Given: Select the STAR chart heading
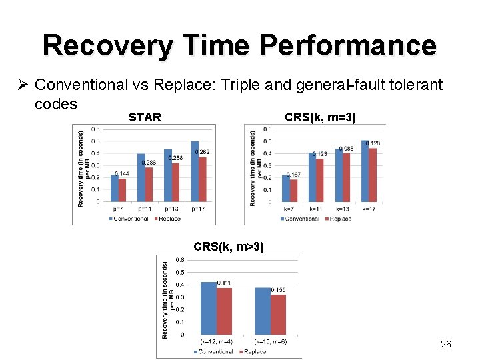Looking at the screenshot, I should click(x=145, y=117).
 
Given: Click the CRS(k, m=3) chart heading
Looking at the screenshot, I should click(x=320, y=117).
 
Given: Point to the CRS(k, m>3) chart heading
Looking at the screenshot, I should click(x=229, y=247).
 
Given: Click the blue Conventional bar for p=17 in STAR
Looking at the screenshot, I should click(x=195, y=171).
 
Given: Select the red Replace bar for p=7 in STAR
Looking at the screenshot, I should click(x=122, y=189).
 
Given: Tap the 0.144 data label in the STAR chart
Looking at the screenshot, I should click(x=122, y=174).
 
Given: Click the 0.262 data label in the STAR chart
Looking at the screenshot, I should click(x=202, y=153).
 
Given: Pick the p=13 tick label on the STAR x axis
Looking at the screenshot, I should click(x=171, y=209).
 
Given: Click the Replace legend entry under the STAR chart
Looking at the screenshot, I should click(x=167, y=218).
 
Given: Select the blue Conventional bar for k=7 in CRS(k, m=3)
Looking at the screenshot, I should click(x=286, y=188).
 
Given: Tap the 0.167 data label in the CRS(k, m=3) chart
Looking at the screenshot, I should click(x=293, y=175).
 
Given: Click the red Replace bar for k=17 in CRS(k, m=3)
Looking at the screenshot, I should click(x=373, y=175).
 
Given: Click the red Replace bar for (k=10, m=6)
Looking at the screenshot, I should click(x=278, y=315).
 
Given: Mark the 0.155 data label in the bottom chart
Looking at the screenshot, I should click(x=278, y=290).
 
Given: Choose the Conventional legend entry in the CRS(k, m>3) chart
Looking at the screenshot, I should click(x=213, y=351).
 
